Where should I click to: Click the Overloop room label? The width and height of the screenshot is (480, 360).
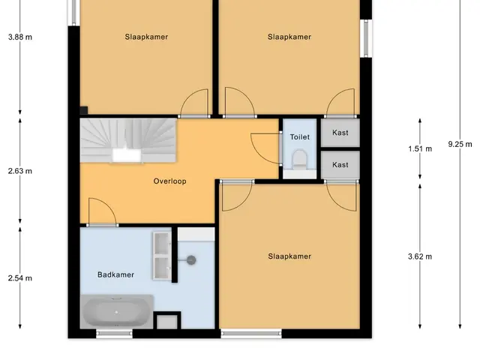coord(169,181)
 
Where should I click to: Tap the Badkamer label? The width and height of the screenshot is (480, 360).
coord(115,274)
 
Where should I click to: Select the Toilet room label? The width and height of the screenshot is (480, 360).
coord(300,136)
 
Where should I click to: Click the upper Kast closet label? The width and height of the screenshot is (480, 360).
coord(340,133)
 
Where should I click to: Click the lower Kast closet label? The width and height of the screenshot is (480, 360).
coord(340,165)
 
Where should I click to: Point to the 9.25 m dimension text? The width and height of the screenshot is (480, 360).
coord(460,144)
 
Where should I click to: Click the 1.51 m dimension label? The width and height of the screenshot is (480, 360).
coord(420,148)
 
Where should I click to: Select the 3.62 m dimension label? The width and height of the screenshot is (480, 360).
coord(420,256)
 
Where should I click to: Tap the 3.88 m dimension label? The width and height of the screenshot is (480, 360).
coord(20,37)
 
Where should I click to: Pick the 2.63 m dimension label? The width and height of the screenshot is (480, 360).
coord(20,171)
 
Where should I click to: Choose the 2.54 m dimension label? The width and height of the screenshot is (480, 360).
coord(20,278)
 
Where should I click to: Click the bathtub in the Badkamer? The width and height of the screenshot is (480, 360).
coord(117,312)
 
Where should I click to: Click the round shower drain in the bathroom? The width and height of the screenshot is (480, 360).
coord(191,260)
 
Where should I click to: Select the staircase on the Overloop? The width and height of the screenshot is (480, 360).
coord(128,140)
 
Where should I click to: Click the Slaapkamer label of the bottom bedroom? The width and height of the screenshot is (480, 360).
coord(289,256)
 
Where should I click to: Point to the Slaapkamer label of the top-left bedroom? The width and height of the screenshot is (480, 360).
coord(146,37)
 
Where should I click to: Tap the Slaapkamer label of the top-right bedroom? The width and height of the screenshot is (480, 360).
coord(289,37)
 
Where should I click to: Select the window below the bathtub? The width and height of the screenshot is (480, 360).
coord(114,334)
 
